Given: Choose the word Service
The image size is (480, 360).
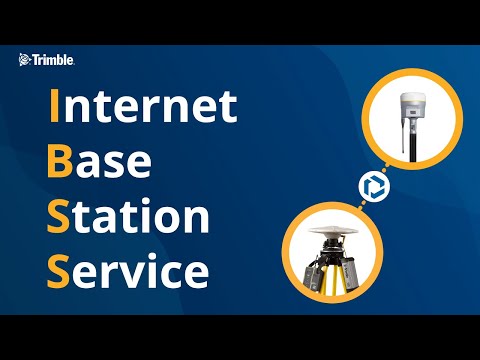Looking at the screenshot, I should pyautogui.click(x=129, y=269).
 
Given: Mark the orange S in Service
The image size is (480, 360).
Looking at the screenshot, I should pyautogui.click(x=60, y=269).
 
